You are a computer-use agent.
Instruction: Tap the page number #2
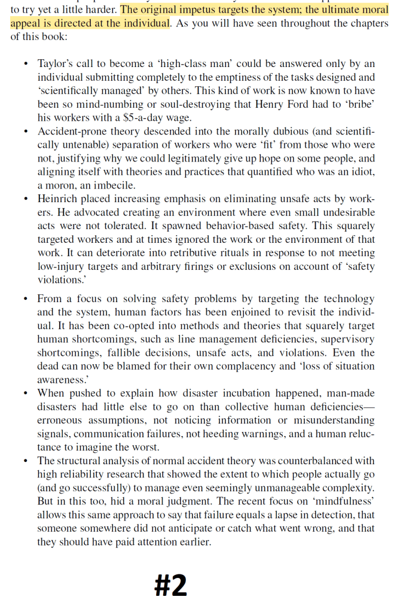click(x=170, y=586)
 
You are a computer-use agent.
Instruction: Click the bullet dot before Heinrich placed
click(x=25, y=199)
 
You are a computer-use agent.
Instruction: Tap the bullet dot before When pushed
click(x=25, y=393)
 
